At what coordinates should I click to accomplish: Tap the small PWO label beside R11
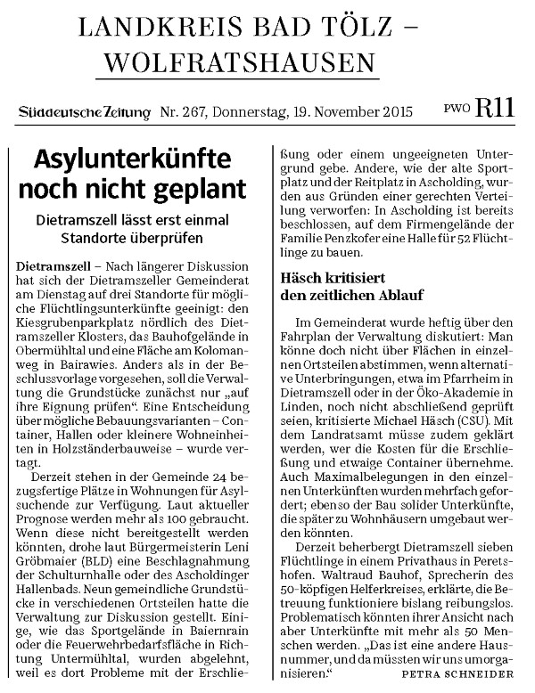tap(457, 110)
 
